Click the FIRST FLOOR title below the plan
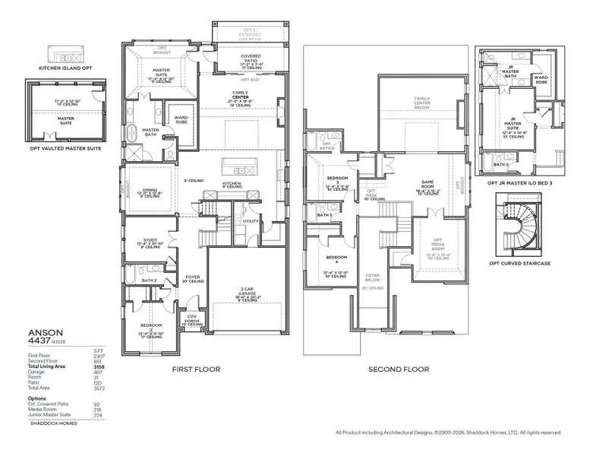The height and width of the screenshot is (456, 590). pyautogui.click(x=196, y=369)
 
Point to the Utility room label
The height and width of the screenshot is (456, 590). pyautogui.click(x=251, y=221)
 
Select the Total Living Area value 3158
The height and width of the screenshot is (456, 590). pyautogui.click(x=98, y=366)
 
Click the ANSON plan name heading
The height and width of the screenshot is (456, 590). pyautogui.click(x=43, y=332)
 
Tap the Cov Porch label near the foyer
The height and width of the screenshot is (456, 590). pyautogui.click(x=191, y=319)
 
